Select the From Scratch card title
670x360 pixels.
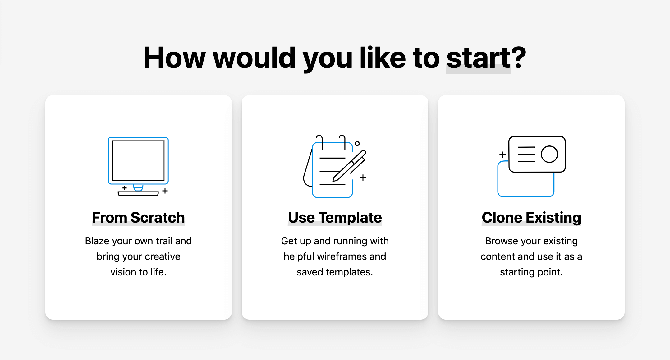pyautogui.click(x=138, y=217)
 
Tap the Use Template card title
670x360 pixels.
pyautogui.click(x=335, y=218)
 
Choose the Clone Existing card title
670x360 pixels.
pyautogui.click(x=531, y=218)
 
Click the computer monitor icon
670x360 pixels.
pyautogui.click(x=138, y=166)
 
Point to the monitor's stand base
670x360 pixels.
pyautogui.click(x=138, y=194)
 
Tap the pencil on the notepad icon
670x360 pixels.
pyautogui.click(x=349, y=166)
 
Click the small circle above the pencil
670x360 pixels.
pyautogui.click(x=357, y=144)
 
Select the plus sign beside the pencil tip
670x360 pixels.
pyautogui.click(x=363, y=178)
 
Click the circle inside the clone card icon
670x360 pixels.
pyautogui.click(x=549, y=154)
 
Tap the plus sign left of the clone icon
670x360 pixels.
pyautogui.click(x=502, y=155)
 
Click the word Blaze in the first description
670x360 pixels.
pyautogui.click(x=97, y=241)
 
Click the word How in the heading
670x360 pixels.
pyautogui.click(x=174, y=58)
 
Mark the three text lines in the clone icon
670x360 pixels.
pyautogui.click(x=526, y=154)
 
